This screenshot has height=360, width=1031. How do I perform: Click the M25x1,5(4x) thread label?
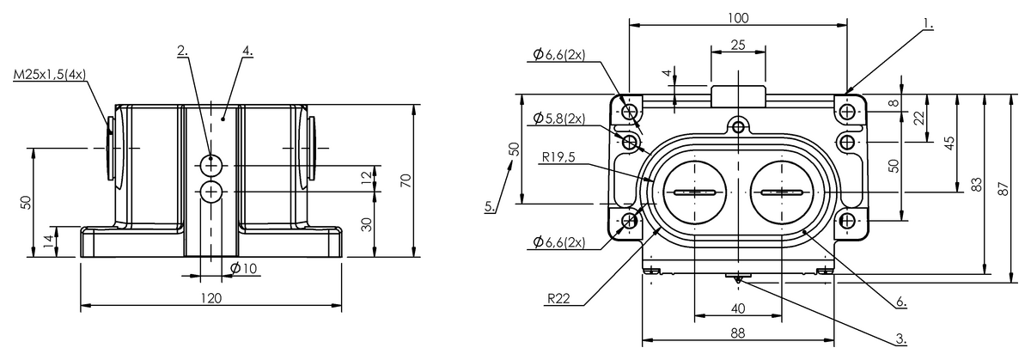50,75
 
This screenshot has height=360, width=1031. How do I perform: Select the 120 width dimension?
211,298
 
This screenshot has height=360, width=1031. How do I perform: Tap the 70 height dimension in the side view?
406,180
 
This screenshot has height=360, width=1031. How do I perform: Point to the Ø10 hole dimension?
243,268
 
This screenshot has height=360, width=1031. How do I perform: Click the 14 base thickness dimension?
49,241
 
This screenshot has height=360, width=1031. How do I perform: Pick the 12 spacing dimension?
366,177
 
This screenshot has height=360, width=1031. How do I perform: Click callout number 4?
247,51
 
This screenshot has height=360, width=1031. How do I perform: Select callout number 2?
183,51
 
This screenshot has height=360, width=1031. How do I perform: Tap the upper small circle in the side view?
211,165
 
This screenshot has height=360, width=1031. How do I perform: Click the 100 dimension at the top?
738,18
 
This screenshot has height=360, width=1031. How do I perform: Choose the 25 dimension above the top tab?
738,45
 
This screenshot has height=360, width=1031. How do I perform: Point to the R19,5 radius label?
558,157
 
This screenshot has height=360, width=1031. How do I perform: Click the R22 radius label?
558,299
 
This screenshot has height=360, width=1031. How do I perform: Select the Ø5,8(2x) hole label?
559,119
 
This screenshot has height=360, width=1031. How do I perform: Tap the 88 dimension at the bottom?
738,333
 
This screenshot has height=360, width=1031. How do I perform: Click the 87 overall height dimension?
1004,189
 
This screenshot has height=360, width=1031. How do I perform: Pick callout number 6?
900,302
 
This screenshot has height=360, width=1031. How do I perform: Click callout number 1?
929,24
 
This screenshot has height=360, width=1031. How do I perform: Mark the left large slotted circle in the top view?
694,192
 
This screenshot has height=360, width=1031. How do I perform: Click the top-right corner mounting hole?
847,111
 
